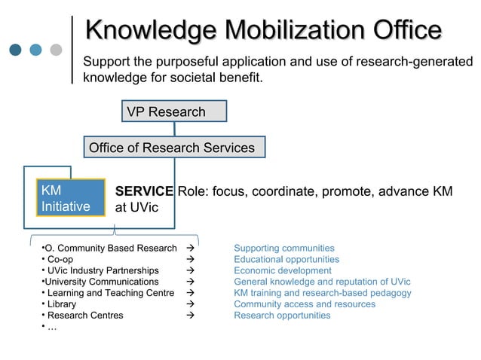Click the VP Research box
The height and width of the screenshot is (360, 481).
tap(174, 112)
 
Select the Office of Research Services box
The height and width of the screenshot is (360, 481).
tap(174, 148)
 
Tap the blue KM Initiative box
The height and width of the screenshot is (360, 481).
tap(71, 198)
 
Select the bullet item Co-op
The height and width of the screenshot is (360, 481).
tap(60, 259)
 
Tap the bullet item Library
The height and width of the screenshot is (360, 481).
tap(61, 304)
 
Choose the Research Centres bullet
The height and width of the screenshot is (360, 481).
tap(84, 316)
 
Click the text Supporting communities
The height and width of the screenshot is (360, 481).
tap(284, 248)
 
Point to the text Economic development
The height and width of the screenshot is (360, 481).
tap(283, 270)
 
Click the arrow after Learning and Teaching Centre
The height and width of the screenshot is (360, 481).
tap(190, 293)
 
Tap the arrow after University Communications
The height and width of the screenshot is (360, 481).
tap(190, 282)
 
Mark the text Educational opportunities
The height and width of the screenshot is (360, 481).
tap(286, 259)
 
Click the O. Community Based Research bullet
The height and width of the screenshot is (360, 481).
tap(110, 248)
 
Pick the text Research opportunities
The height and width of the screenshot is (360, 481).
tap(282, 316)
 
